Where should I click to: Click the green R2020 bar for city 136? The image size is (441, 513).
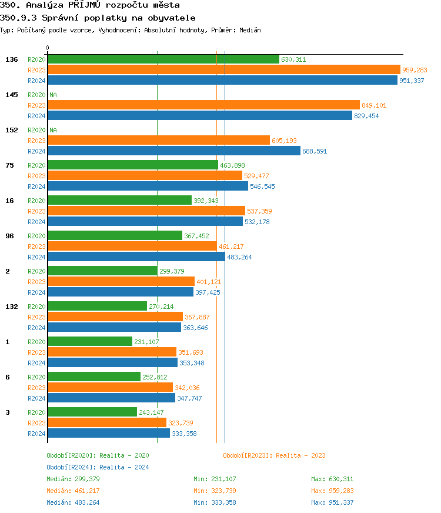tap(163, 59)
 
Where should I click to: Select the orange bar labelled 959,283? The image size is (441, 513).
tap(223, 70)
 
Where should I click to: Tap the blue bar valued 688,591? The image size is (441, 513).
tap(173, 151)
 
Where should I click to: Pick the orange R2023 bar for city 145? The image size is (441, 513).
tap(203, 105)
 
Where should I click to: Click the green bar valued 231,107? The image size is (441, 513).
tap(89, 342)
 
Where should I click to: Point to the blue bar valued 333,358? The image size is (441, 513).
tap(108, 434)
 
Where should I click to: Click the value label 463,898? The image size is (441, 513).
tap(232, 165)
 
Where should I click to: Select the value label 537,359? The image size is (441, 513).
tap(259, 211)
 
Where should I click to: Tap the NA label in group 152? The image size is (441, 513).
tap(53, 130)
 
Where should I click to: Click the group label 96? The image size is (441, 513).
tap(9, 236)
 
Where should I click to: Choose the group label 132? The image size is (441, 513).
tap(11, 307)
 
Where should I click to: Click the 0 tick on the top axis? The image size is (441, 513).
tap(48, 48)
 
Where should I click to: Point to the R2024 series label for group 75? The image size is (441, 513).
tap(36, 186)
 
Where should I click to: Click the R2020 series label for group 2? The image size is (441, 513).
tap(36, 271)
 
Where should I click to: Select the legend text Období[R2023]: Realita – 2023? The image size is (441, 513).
tap(274, 455)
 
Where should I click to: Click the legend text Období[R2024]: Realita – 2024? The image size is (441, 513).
tap(98, 467)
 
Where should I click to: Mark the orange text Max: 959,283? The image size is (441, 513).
tap(332, 491)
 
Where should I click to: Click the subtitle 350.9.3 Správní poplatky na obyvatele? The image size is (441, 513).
tap(98, 18)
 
